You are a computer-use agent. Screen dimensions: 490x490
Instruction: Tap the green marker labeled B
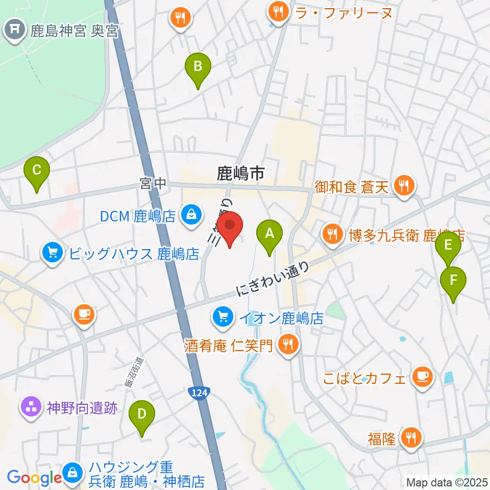pyautogui.click(x=198, y=66)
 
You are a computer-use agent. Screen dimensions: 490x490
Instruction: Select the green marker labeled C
pyautogui.click(x=37, y=170)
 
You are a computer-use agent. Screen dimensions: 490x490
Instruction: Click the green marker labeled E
pyautogui.click(x=448, y=246)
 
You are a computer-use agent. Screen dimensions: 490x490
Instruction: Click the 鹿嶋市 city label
pyautogui.click(x=240, y=174)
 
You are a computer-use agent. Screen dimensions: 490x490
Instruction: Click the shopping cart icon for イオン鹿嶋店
pyautogui.click(x=223, y=318)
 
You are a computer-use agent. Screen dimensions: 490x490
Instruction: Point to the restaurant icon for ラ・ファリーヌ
pyautogui.click(x=279, y=12)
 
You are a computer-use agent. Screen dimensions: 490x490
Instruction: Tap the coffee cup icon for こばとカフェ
pyautogui.click(x=422, y=377)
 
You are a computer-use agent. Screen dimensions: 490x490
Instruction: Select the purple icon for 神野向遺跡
pyautogui.click(x=31, y=407)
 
